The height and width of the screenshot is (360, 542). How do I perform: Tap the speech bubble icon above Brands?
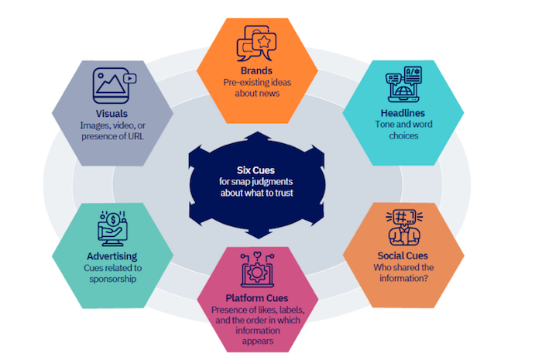pyautogui.click(x=257, y=43)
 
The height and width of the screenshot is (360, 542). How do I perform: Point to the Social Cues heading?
pyautogui.click(x=401, y=255)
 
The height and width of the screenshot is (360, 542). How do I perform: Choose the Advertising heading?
pyautogui.click(x=112, y=255)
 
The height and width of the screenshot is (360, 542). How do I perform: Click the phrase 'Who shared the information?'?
pyautogui.click(x=401, y=273)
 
